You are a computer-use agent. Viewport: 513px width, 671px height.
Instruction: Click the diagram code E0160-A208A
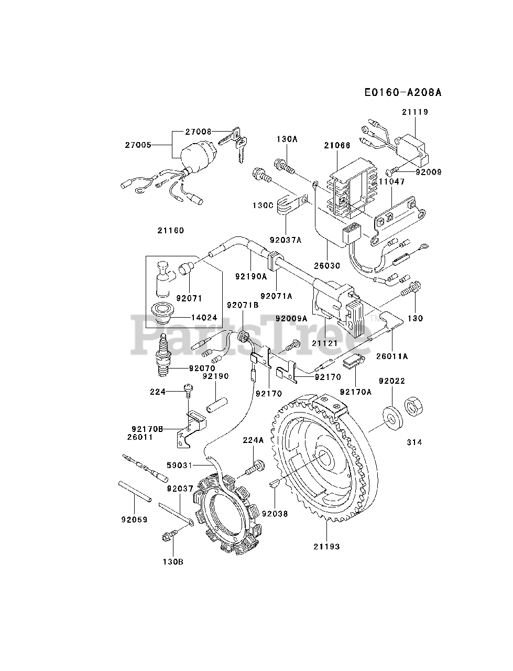click(x=403, y=92)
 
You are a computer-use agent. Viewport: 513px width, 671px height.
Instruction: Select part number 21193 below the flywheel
click(x=326, y=546)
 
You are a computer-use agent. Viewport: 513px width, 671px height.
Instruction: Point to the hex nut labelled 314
click(x=413, y=406)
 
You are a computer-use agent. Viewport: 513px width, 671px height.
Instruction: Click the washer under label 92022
click(x=392, y=418)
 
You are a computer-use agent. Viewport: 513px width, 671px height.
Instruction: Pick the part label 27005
click(x=138, y=145)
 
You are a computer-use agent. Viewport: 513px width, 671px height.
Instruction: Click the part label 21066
click(x=337, y=145)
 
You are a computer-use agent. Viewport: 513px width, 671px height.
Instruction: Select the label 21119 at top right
click(x=415, y=112)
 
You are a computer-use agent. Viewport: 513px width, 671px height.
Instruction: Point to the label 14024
click(x=204, y=317)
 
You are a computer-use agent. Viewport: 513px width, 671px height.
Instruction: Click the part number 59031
click(x=179, y=466)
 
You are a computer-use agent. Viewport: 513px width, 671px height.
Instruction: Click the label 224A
click(x=253, y=440)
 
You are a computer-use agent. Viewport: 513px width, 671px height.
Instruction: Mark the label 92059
click(x=135, y=520)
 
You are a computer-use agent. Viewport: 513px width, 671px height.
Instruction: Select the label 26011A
click(x=392, y=356)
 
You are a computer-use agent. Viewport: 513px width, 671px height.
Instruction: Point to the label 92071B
click(x=243, y=305)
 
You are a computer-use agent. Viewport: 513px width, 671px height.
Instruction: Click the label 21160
click(x=171, y=231)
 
